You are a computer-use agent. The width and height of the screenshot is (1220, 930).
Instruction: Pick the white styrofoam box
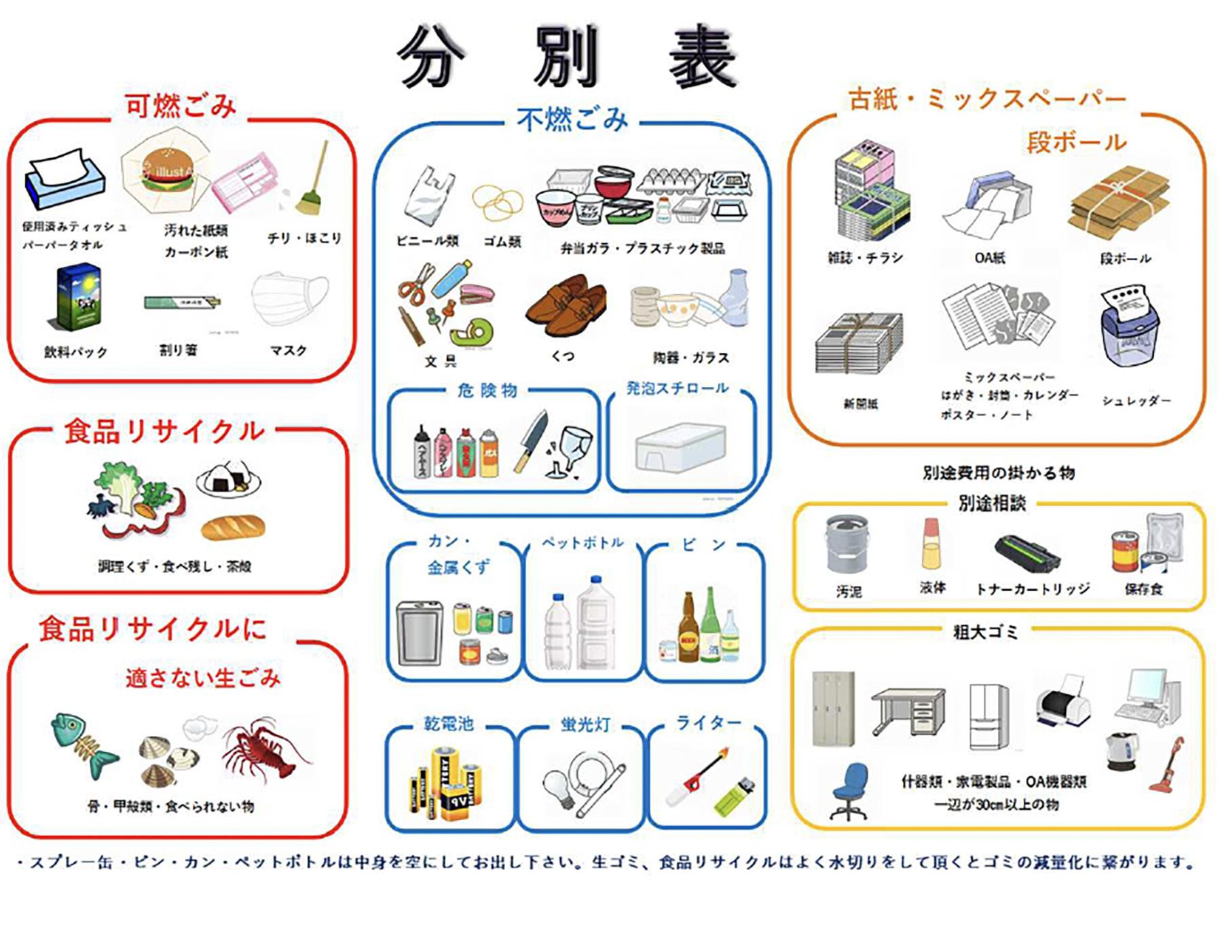pyautogui.click(x=680, y=447)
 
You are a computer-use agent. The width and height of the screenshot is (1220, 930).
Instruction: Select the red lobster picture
pyautogui.click(x=265, y=750)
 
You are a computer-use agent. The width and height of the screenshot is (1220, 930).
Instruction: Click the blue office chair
pyautogui.click(x=849, y=791)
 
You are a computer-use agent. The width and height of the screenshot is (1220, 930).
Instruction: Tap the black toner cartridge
pyautogui.click(x=1027, y=553)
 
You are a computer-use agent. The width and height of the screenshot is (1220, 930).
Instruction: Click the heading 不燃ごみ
pyautogui.click(x=572, y=120)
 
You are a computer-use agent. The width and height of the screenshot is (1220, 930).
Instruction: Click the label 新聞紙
pyautogui.click(x=860, y=404)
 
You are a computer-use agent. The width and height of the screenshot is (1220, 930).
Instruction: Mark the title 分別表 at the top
pyautogui.click(x=567, y=58)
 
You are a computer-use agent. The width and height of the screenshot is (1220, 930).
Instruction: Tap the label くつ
pyautogui.click(x=563, y=356)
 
